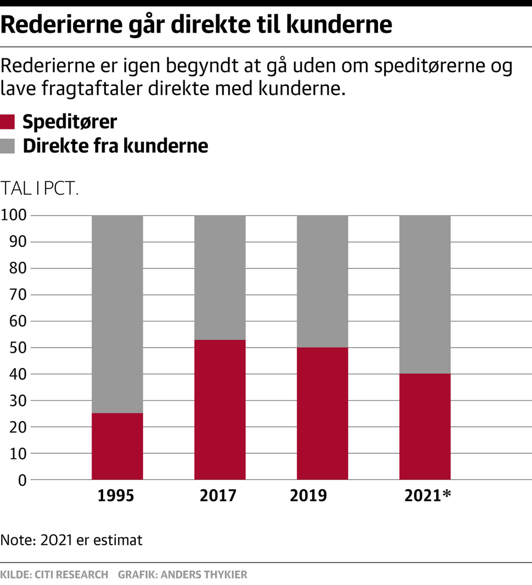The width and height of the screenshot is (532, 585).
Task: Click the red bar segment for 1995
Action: pos(117,446)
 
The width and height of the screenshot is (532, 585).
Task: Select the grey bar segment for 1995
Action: pos(117,314)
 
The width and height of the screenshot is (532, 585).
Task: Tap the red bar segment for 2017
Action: pos(219,410)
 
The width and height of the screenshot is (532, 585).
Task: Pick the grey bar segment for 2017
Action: pos(219,277)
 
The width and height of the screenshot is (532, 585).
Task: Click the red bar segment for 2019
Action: pos(323,413)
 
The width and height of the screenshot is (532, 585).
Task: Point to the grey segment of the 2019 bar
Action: pos(323,281)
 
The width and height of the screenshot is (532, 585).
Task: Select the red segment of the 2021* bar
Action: pos(425,427)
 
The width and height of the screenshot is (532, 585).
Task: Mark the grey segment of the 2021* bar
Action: pos(425,294)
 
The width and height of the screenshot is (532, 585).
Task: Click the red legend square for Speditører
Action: pos(8,122)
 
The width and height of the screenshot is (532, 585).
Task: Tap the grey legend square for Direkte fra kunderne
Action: pos(8,146)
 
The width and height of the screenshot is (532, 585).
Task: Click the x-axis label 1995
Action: pos(116,495)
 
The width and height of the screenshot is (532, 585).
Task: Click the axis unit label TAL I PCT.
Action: pos(40,188)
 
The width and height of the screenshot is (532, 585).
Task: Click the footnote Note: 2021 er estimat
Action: pos(71,540)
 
